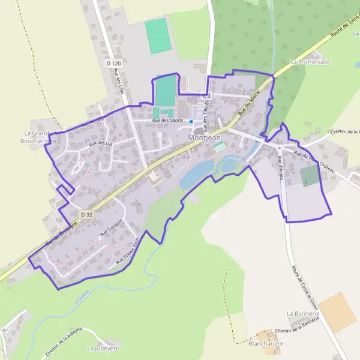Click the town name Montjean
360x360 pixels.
[x=204, y=137]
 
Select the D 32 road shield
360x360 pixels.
[x=87, y=214]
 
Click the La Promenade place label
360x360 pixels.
[x=310, y=61]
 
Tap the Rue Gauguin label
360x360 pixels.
[x=111, y=230]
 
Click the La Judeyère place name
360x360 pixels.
[x=100, y=348]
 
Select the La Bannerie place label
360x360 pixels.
[x=303, y=313]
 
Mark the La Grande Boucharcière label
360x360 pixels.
[x=40, y=137]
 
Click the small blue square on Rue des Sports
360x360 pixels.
[x=191, y=122]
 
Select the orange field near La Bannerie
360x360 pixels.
[x=337, y=312]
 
